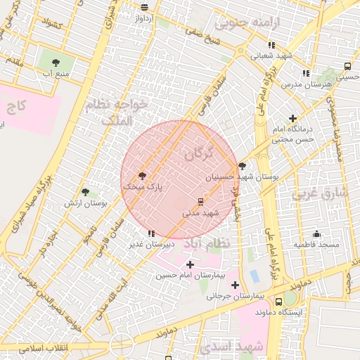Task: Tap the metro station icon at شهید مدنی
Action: click(201, 201)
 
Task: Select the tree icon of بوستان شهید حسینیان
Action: click(243, 167)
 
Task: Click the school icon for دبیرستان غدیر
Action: click(151, 233)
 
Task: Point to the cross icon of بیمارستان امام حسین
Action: click(189, 264)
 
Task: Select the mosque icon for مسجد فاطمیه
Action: click(317, 233)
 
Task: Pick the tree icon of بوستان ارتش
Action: click(85, 192)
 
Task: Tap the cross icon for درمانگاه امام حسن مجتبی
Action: click(293, 118)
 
